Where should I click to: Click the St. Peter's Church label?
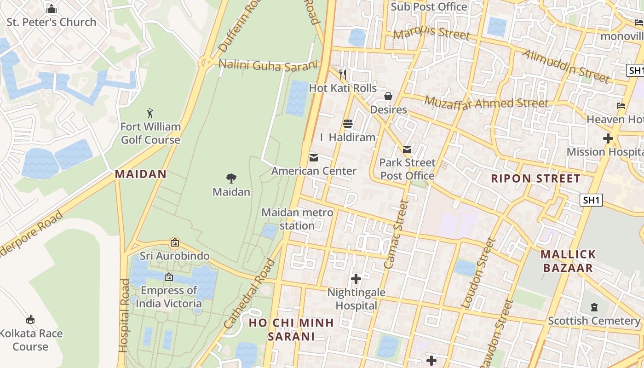point(51,22)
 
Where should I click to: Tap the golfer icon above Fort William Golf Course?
point(150,113)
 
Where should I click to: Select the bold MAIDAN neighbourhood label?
point(140,174)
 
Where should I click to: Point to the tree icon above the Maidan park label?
point(231,178)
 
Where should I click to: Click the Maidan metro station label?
point(297,219)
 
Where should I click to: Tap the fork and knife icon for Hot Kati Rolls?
point(342,74)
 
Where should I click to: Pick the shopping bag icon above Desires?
point(388,96)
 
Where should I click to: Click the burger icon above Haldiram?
point(347,124)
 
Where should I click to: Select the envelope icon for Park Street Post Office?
point(407,149)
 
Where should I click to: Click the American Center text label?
point(314,171)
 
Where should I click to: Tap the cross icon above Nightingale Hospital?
point(356,279)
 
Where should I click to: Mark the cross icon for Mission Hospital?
point(608,138)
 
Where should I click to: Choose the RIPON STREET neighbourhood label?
point(535,178)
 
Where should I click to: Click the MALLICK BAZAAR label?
point(568,261)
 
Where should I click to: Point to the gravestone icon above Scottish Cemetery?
point(594,307)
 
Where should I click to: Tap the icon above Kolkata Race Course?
point(30,319)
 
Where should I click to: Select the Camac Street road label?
point(396,235)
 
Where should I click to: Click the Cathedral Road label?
point(249,294)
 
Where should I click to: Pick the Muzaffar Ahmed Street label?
point(486,102)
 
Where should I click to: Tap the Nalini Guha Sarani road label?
point(268,65)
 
